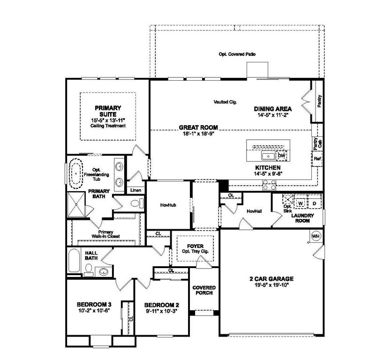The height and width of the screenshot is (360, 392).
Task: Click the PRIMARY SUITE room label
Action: pyautogui.click(x=108, y=111)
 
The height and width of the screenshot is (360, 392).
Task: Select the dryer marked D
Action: pyautogui.click(x=314, y=203)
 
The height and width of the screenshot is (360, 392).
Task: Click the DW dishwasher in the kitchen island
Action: pyautogui.click(x=281, y=155)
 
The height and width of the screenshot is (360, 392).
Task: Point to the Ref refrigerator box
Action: pyautogui.click(x=317, y=159)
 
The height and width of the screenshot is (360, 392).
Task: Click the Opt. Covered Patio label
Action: pyautogui.click(x=237, y=54)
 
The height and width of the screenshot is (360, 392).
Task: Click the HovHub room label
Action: pyautogui.click(x=167, y=205)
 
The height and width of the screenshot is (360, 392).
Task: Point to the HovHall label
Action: pyautogui.click(x=254, y=211)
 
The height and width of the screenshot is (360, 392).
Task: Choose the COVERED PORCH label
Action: pyautogui.click(x=204, y=290)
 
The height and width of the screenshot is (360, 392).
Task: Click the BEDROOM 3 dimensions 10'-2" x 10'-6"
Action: pyautogui.click(x=93, y=310)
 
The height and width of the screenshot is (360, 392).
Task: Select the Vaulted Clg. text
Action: pyautogui.click(x=224, y=102)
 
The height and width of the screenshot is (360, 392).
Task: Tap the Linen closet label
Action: pyautogui.click(x=136, y=190)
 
